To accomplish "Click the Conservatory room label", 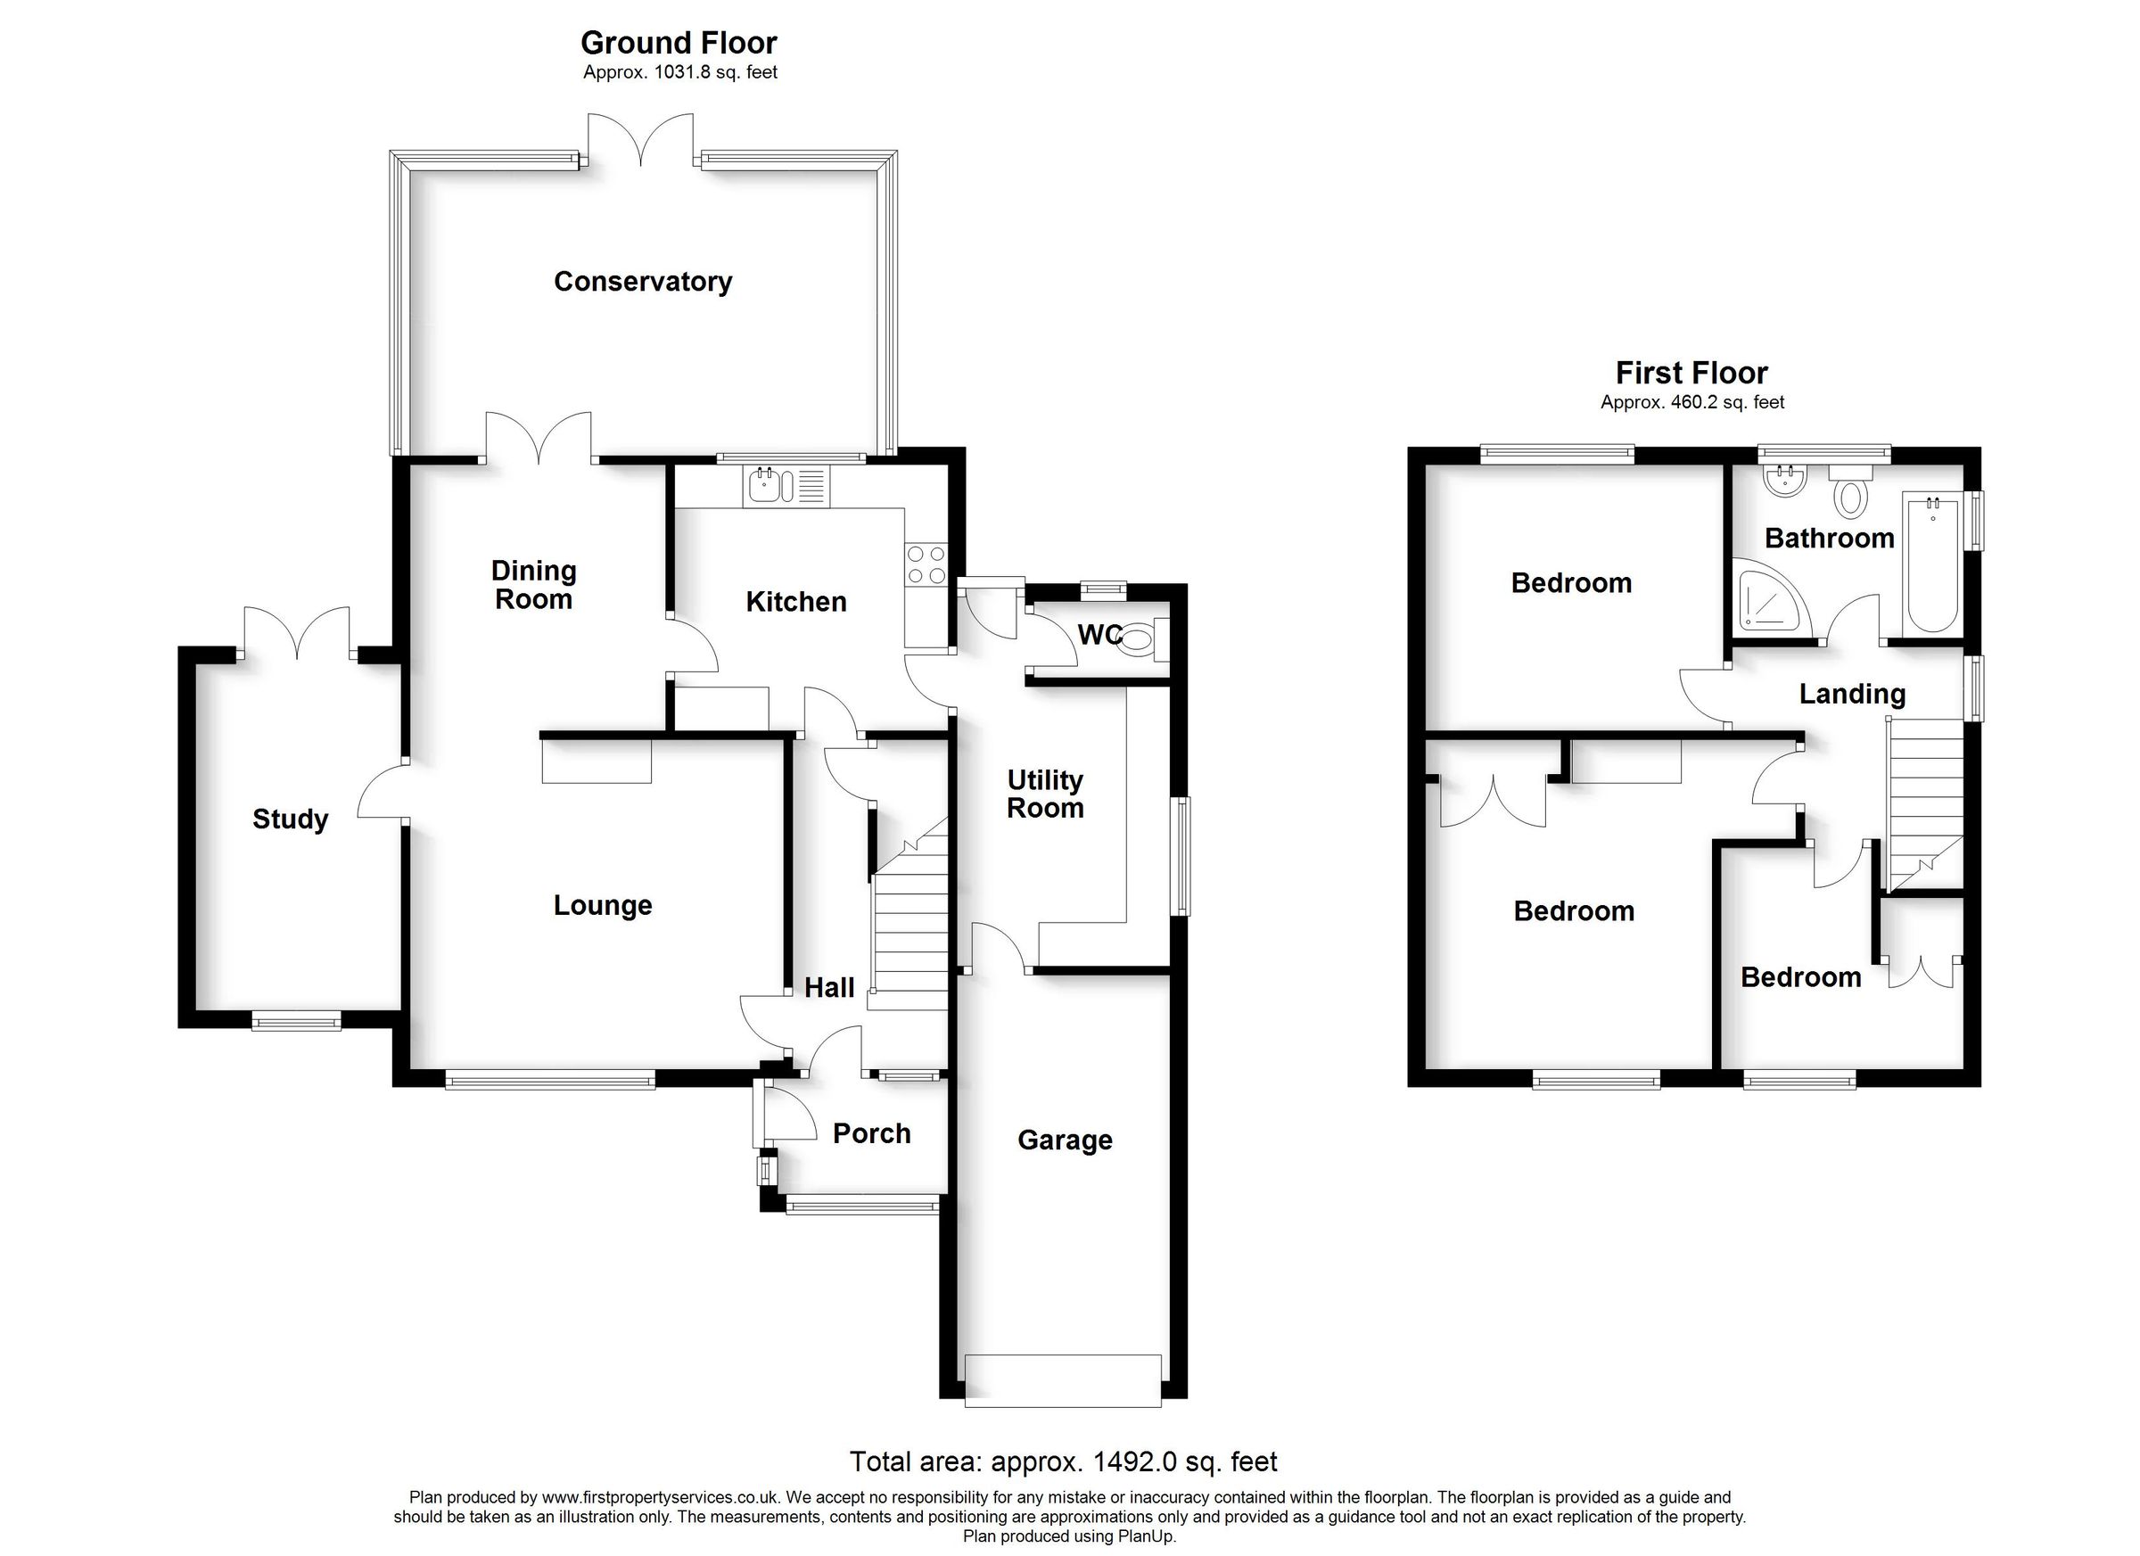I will click(x=643, y=281).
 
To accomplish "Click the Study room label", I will click(x=290, y=819).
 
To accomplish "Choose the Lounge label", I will click(x=602, y=906).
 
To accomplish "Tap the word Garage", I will click(x=1065, y=1140).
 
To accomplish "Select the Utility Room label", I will click(x=1044, y=794).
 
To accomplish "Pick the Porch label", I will click(x=871, y=1133).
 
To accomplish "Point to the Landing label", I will click(x=1851, y=695).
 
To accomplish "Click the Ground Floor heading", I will click(x=679, y=43).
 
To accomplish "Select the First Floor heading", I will click(x=1691, y=373).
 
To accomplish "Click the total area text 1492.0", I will click(x=1135, y=1461).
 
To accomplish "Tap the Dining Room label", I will click(x=533, y=585).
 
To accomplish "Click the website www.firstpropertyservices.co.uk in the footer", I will click(x=661, y=1496).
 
